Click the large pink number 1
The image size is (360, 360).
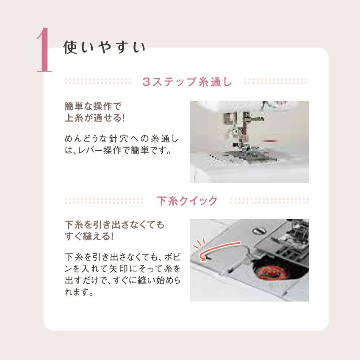pyautogui.click(x=44, y=50)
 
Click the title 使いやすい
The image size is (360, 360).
pyautogui.click(x=105, y=47)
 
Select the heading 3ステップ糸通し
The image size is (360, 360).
pyautogui.click(x=187, y=82)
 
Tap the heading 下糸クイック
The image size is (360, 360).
pyautogui.click(x=187, y=201)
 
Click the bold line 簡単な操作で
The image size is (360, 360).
pyautogui.click(x=93, y=106)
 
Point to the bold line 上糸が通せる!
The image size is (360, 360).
pyautogui.click(x=94, y=118)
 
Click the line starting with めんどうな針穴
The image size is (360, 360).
pyautogui.click(x=122, y=138)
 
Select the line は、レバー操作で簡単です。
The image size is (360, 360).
pyautogui.click(x=118, y=150)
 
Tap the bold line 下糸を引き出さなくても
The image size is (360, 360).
pyautogui.click(x=115, y=224)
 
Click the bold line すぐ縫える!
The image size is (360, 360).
pyautogui.click(x=89, y=236)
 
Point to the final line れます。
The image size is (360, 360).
pyautogui.click(x=79, y=292)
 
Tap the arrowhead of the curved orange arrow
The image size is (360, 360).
pyautogui.click(x=203, y=258)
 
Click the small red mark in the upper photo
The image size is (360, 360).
pyautogui.click(x=270, y=140)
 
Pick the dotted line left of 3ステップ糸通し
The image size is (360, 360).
pyautogui.click(x=98, y=81)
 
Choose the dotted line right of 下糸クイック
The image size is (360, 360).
pyautogui.click(x=269, y=201)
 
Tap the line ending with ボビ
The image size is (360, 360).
pyautogui.click(x=122, y=258)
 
